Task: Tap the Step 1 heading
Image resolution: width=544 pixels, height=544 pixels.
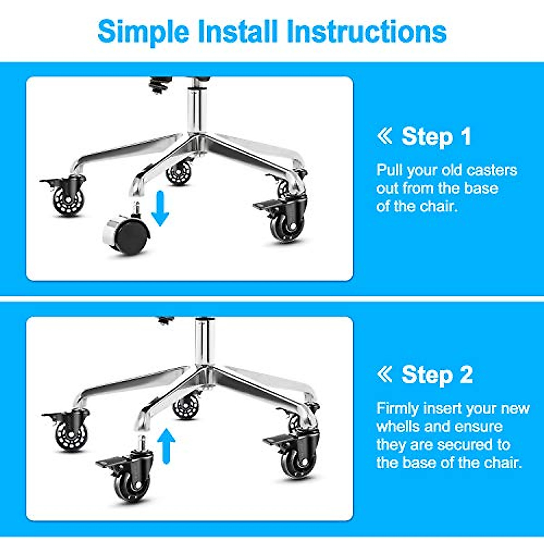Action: point(436,136)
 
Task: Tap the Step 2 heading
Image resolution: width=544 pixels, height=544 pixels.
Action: point(437,375)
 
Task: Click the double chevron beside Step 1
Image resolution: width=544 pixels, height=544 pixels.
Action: point(384,136)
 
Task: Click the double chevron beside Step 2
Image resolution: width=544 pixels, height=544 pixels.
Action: point(384,374)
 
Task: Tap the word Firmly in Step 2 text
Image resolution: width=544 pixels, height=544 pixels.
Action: point(397,408)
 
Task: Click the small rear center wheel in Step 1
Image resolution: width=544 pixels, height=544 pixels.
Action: point(179,173)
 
